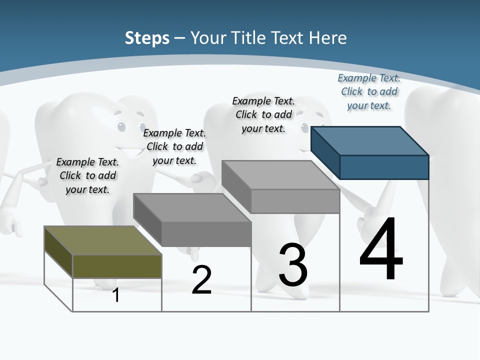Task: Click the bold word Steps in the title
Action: pyautogui.click(x=147, y=38)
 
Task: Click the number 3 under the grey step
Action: pyautogui.click(x=293, y=265)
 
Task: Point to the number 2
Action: pyautogui.click(x=201, y=280)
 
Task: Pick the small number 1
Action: pyautogui.click(x=116, y=295)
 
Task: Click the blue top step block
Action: pyautogui.click(x=370, y=152)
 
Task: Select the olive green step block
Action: pyautogui.click(x=103, y=252)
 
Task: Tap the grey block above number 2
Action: pyautogui.click(x=192, y=219)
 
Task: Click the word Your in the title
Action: pyautogui.click(x=207, y=38)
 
